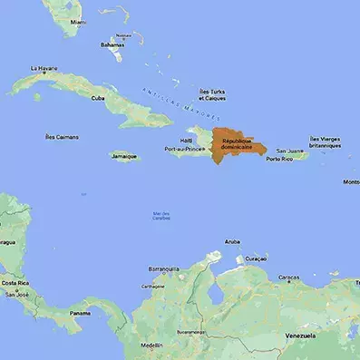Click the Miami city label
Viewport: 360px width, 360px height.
click(78, 22)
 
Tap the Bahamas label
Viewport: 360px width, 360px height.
click(112, 44)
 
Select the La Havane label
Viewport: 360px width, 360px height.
click(44, 68)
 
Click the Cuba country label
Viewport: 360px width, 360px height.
click(98, 98)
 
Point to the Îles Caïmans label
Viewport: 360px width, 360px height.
click(62, 137)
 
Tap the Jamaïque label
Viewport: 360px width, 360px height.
click(124, 156)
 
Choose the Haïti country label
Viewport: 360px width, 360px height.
click(186, 141)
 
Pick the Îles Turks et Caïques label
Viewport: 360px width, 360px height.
click(212, 94)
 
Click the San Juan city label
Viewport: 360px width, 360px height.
click(288, 151)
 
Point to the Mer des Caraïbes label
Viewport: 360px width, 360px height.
click(161, 216)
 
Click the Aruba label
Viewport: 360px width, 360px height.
click(232, 242)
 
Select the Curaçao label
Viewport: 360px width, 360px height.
click(256, 258)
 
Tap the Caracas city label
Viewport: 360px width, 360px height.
click(288, 277)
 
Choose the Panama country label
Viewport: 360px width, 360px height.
click(80, 313)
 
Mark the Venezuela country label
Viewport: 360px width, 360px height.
click(300, 336)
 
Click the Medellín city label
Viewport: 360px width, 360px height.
click(152, 345)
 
